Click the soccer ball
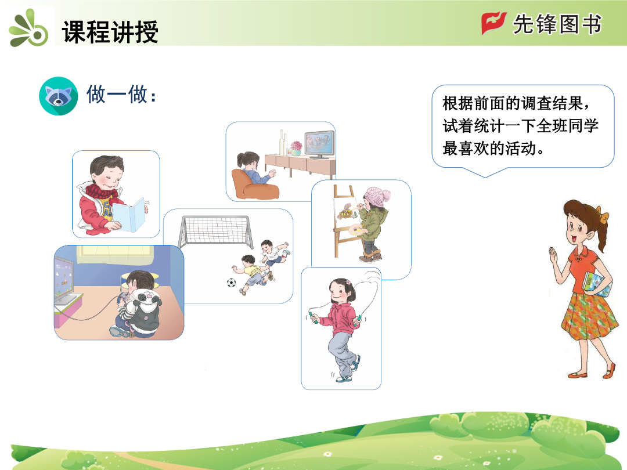[x=232, y=283]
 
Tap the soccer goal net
[x=216, y=232]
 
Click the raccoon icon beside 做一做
[x=59, y=96]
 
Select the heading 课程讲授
[x=110, y=31]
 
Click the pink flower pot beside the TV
[x=296, y=148]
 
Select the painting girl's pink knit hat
[x=377, y=197]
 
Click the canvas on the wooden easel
[x=347, y=213]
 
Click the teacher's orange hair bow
[x=601, y=214]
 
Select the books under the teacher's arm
[x=597, y=284]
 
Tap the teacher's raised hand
[x=553, y=255]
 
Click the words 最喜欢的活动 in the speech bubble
[x=489, y=149]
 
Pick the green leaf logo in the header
[x=29, y=29]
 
